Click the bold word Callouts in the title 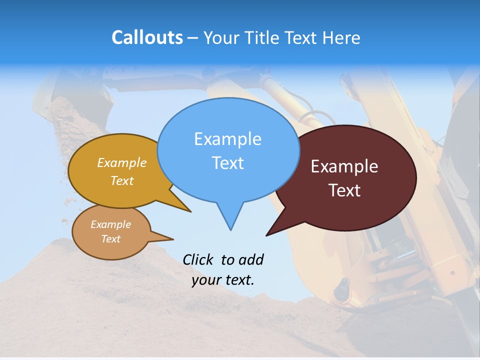point(147,37)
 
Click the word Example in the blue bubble point(227,139)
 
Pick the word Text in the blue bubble point(227,163)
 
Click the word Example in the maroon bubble point(344,166)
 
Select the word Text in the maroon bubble point(344,190)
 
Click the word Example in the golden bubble point(122,163)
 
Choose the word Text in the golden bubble point(122,180)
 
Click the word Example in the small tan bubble point(110,224)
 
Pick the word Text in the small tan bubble point(110,239)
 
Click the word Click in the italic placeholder point(199,259)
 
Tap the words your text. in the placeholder point(223,280)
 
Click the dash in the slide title point(193,38)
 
